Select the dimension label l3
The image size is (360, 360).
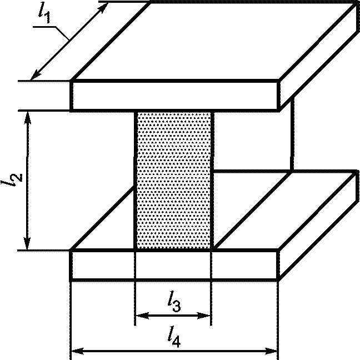point(174,302)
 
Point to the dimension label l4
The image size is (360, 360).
point(174,336)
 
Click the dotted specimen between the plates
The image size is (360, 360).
point(174,181)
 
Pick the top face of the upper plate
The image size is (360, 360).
point(214,42)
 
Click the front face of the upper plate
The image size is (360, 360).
point(174,95)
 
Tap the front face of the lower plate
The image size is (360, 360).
point(174,264)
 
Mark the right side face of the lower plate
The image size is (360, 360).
point(317,225)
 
